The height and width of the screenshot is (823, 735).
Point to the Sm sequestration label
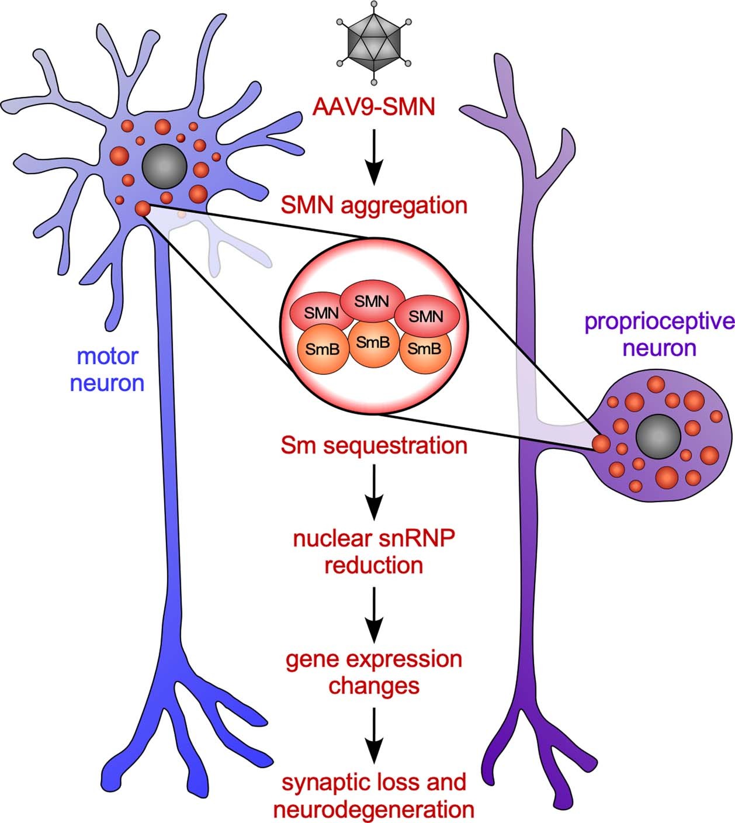pyautogui.click(x=374, y=445)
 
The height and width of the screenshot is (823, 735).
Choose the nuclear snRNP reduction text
pyautogui.click(x=374, y=552)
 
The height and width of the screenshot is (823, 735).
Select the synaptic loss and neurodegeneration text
pyautogui.click(x=374, y=796)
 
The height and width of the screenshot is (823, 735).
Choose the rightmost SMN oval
pyautogui.click(x=427, y=316)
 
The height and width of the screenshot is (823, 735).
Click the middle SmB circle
pyautogui.click(x=373, y=343)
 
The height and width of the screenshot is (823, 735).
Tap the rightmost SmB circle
pyautogui.click(x=424, y=350)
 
